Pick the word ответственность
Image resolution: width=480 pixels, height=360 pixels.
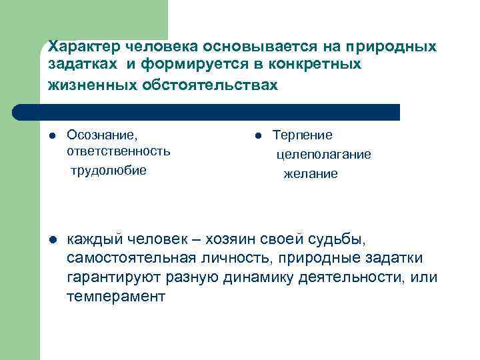point(119,151)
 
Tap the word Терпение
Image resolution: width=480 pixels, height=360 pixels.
point(302,135)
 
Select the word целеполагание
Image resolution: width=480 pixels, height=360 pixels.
point(324,154)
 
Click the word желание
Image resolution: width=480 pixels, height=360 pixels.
point(311,173)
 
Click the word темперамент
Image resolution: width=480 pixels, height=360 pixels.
point(115,297)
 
